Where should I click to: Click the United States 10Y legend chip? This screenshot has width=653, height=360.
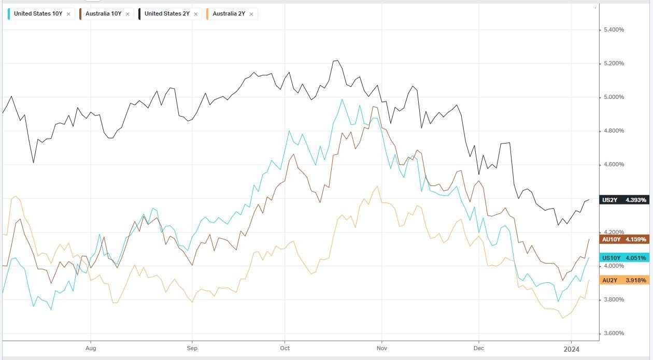click(x=38, y=14)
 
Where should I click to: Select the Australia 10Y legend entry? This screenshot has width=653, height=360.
click(x=103, y=14)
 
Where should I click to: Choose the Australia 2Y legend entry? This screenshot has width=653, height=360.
click(x=229, y=14)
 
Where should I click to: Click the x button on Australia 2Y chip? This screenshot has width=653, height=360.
click(x=251, y=14)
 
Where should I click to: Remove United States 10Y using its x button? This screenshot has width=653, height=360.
click(x=68, y=14)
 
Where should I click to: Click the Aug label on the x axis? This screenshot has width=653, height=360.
click(x=91, y=349)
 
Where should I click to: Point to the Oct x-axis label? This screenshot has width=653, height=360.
click(x=284, y=349)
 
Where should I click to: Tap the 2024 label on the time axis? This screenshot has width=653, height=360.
click(x=572, y=349)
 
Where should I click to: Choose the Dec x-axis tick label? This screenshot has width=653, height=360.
click(x=478, y=349)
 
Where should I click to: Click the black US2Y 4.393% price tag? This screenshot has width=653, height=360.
click(x=623, y=200)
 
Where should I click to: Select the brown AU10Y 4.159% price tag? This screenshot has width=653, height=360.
click(x=623, y=239)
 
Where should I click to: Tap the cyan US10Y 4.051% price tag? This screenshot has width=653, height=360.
click(x=623, y=258)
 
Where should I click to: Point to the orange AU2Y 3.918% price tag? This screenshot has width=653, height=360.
click(x=623, y=280)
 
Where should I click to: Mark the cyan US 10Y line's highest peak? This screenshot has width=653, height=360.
click(x=342, y=99)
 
